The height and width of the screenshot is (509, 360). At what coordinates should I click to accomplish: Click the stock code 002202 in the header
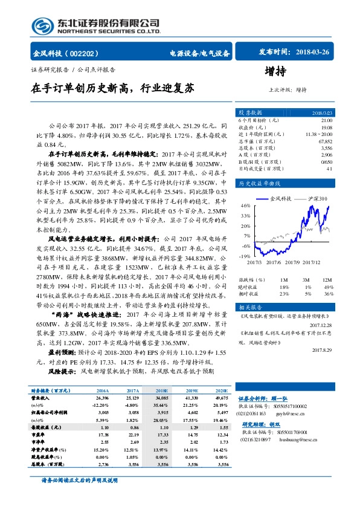pyautogui.click(x=92, y=53)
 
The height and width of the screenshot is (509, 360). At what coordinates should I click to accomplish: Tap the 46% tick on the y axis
pyautogui.click(x=246, y=206)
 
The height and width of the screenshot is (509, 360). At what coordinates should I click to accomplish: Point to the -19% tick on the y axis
pyautogui.click(x=245, y=256)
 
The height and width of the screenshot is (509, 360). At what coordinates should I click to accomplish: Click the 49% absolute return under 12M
pyautogui.click(x=329, y=287)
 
